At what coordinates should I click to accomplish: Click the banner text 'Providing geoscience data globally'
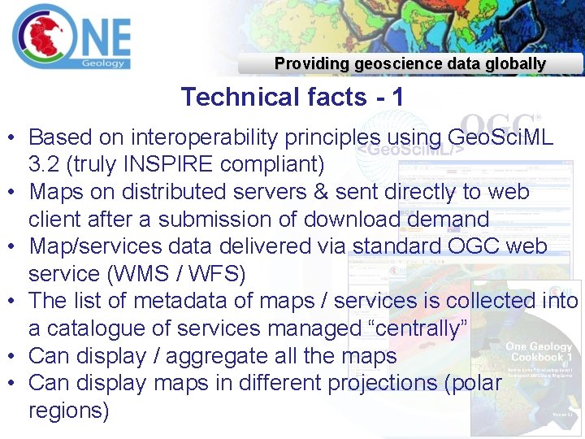[409, 63]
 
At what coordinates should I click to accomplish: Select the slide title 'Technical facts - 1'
[292, 97]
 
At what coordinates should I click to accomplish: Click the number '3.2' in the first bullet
[45, 164]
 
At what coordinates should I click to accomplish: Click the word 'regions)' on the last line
[68, 410]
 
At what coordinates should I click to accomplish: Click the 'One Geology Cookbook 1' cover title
[539, 353]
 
